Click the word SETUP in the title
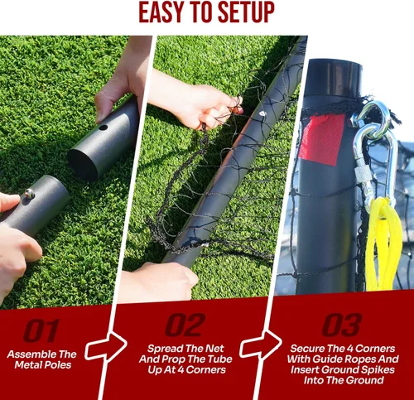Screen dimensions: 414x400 (x=246, y=12)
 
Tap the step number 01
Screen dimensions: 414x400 (x=41, y=330)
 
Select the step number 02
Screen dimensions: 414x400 (x=185, y=325)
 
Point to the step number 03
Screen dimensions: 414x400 (x=342, y=325)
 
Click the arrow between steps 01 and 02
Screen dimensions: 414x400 (x=106, y=347)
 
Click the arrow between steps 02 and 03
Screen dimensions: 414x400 (x=261, y=344)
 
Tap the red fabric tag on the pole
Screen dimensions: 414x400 (x=322, y=139)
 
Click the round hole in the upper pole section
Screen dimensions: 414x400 (x=103, y=128)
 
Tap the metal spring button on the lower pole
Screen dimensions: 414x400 (x=29, y=194)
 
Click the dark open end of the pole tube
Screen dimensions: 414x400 (x=83, y=165)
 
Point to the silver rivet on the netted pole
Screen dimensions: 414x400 (x=262, y=113)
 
